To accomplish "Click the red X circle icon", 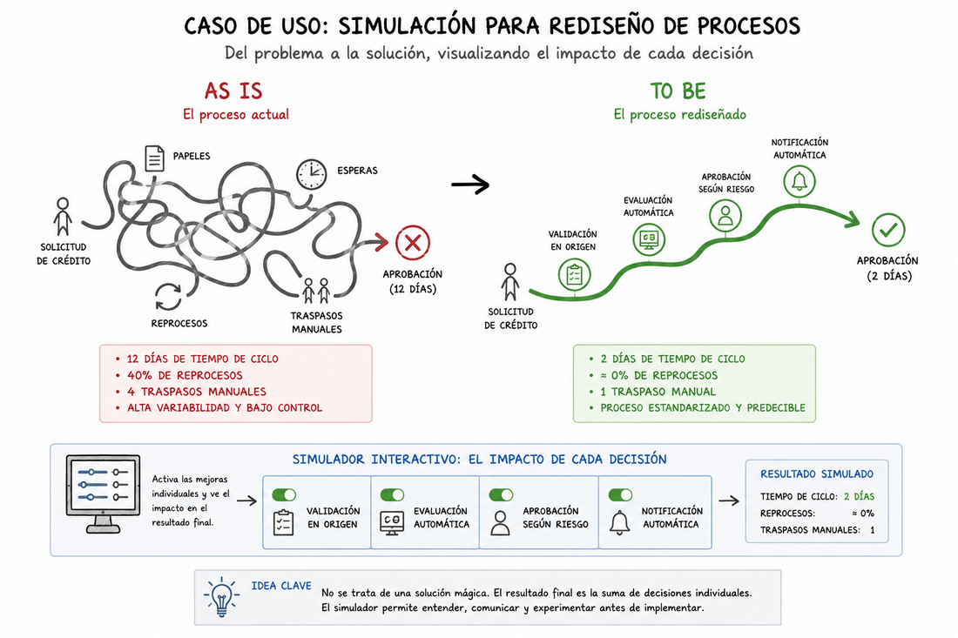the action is coord(413,242).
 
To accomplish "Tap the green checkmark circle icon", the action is coord(887,230).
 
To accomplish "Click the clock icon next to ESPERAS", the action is coord(312,174).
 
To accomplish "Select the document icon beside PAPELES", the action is coord(154,158).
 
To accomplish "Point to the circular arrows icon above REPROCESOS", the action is coord(168,297).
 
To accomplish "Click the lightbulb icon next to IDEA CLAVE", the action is coord(221,596).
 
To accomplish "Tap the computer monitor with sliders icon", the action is coord(103,494).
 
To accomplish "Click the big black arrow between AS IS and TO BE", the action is coord(470,184).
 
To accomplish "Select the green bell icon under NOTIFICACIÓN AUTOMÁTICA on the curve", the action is coord(799,181).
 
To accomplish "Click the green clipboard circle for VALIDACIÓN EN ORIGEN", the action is coord(574,274).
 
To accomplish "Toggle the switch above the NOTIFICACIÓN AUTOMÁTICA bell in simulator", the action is coord(620,494).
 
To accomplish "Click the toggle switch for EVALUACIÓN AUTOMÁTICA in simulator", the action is coord(392,494).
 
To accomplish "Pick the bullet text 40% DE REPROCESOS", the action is coord(185,375).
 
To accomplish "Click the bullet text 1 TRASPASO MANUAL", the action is coord(658,392).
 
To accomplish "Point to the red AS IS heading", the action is coord(233,91).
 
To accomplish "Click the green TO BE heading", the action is coord(678,91).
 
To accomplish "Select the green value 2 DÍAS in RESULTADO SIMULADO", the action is coord(859,496).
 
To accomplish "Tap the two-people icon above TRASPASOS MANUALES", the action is coord(316,291).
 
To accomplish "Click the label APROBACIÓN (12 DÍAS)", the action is coord(413,281).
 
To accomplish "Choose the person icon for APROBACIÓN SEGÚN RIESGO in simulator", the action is coord(501,523).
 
